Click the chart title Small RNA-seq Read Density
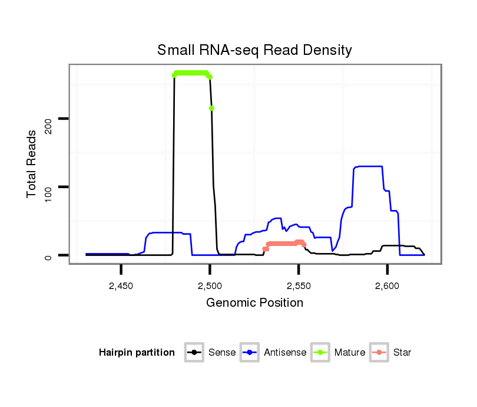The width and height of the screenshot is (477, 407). pos(254,50)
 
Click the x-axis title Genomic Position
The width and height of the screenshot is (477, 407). pos(254,303)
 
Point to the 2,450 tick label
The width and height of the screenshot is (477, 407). pos(121,285)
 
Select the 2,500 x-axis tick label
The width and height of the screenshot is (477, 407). pos(210,285)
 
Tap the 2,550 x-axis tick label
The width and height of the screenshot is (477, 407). pos(299,285)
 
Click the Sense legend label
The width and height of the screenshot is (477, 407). pos(222,353)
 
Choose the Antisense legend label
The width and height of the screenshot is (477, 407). pos(285,353)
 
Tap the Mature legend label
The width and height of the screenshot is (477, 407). pos(350,353)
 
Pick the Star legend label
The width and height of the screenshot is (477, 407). pos(402,353)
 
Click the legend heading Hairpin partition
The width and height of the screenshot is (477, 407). pos(137,353)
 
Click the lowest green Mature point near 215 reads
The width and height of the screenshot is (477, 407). pos(211,108)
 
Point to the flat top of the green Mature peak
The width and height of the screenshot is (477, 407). pos(191,73)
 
